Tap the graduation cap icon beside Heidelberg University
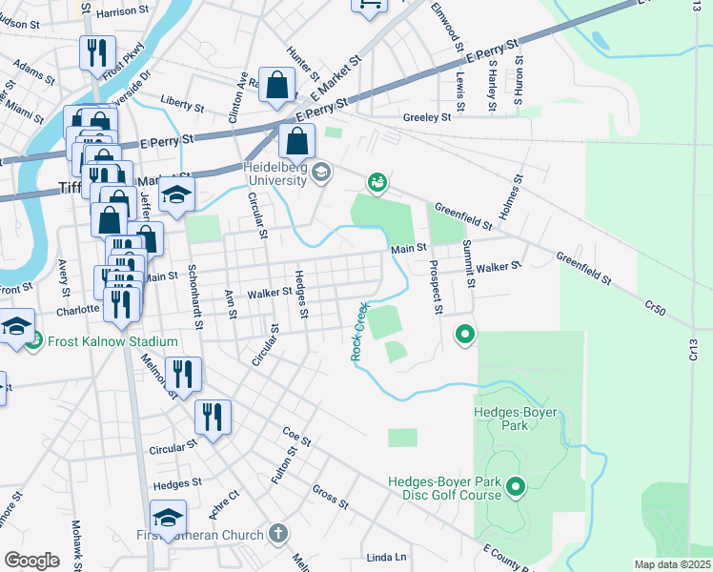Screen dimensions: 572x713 click(x=321, y=173)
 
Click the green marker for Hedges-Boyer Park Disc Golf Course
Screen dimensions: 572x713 click(x=516, y=488)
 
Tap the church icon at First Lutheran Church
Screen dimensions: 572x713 click(x=277, y=534)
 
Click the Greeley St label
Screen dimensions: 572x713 click(x=426, y=117)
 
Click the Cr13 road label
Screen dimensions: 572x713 click(x=693, y=349)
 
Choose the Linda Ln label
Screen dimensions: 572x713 click(x=386, y=557)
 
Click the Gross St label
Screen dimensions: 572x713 click(x=331, y=498)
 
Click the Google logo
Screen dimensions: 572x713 click(x=31, y=561)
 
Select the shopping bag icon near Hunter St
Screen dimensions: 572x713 click(x=275, y=86)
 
